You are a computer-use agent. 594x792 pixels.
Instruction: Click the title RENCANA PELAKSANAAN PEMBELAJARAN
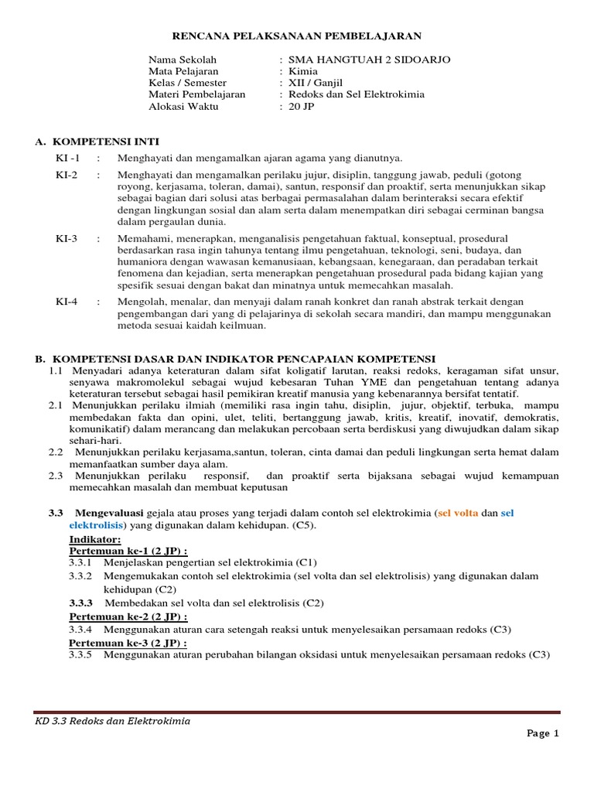point(296,36)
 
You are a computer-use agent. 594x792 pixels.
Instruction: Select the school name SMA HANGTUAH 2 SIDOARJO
point(369,60)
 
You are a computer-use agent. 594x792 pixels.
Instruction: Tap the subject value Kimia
point(302,71)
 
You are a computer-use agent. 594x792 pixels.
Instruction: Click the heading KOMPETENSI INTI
point(104,142)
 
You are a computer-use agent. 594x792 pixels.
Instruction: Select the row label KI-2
point(67,175)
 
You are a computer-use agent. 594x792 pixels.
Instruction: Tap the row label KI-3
point(67,238)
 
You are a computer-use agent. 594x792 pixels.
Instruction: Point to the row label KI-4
point(67,301)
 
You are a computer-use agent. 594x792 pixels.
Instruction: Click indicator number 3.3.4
point(80,630)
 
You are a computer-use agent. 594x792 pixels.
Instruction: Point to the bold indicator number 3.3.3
point(80,603)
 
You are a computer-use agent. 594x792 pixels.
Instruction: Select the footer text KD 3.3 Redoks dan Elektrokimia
point(113,721)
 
